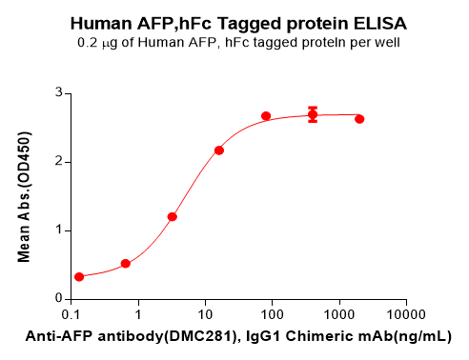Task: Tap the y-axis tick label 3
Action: [x=58, y=93]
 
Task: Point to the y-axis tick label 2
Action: [x=58, y=162]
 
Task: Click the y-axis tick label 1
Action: [x=58, y=230]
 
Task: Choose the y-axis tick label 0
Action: [x=58, y=299]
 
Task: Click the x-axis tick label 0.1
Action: [x=71, y=314]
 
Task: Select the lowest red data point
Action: [x=79, y=277]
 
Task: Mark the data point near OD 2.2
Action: [x=219, y=150]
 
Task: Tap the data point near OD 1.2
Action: [x=173, y=216]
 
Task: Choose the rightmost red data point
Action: [x=359, y=119]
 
